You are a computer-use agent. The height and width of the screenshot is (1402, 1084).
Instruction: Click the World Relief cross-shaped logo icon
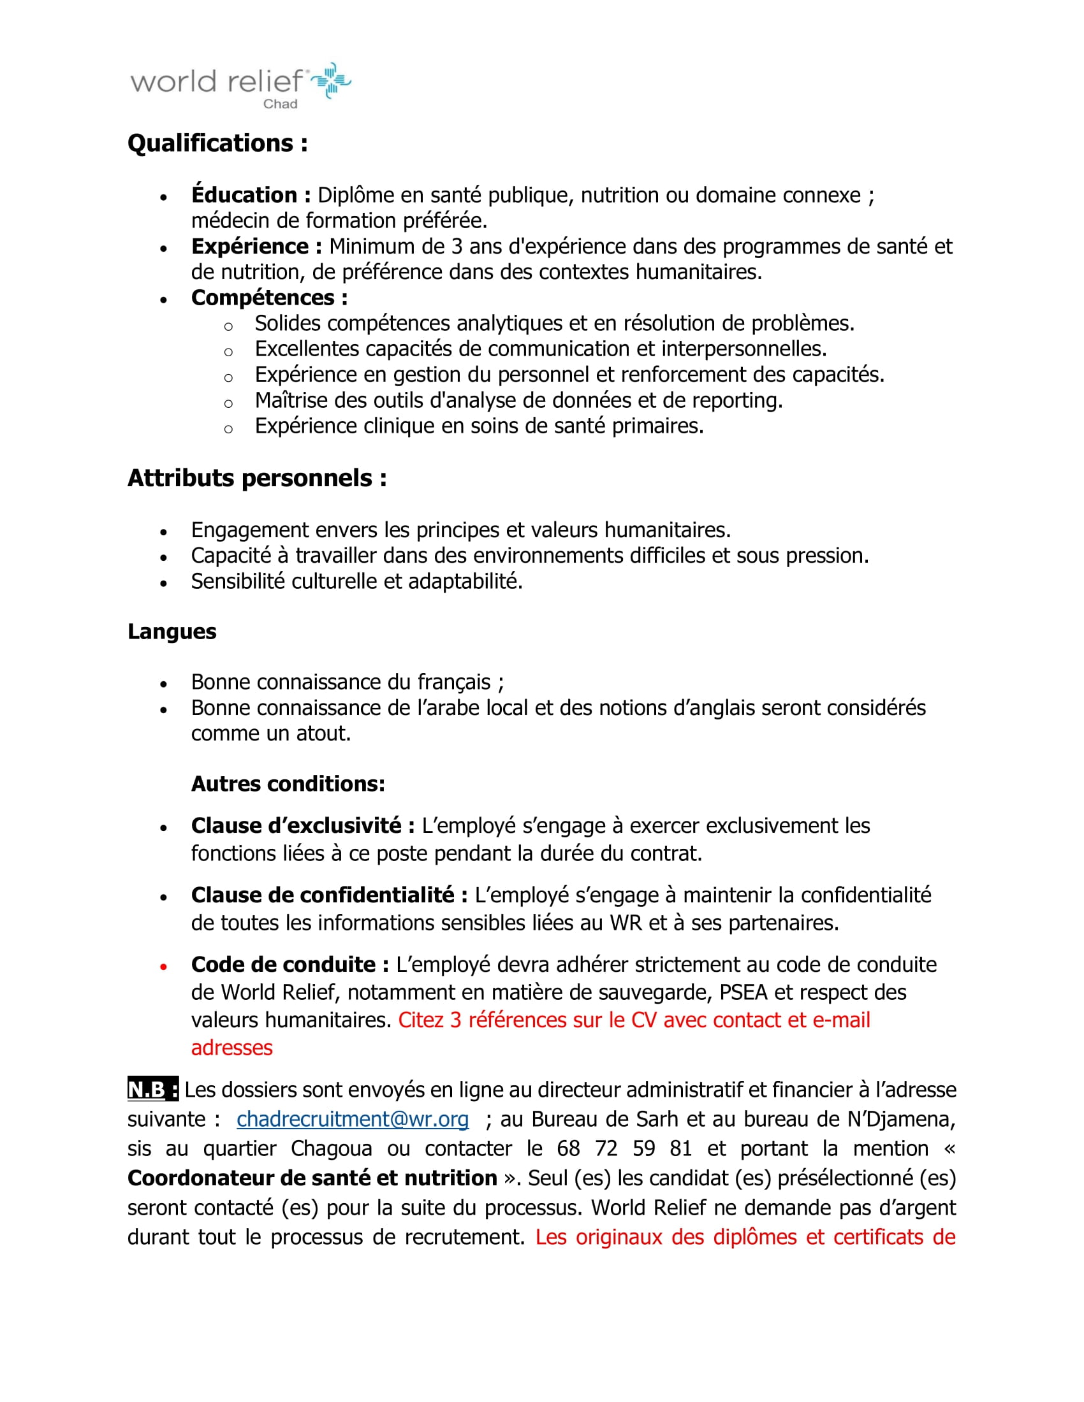click(x=332, y=80)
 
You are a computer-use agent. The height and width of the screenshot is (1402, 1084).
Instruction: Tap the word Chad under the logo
click(x=280, y=104)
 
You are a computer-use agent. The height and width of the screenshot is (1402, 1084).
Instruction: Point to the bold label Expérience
click(x=256, y=247)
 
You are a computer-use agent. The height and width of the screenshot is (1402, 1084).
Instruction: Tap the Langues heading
click(x=172, y=632)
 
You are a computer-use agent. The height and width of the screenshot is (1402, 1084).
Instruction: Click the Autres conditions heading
click(x=288, y=784)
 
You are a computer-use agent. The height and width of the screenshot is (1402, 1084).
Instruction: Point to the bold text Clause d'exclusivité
click(x=302, y=825)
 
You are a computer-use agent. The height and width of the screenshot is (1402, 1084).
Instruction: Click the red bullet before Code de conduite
click(x=164, y=966)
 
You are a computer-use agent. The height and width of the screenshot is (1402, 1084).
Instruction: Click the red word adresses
click(x=232, y=1048)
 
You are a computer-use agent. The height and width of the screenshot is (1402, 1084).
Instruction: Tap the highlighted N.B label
click(x=153, y=1090)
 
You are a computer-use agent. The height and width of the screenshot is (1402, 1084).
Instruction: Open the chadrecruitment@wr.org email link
click(x=353, y=1120)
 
